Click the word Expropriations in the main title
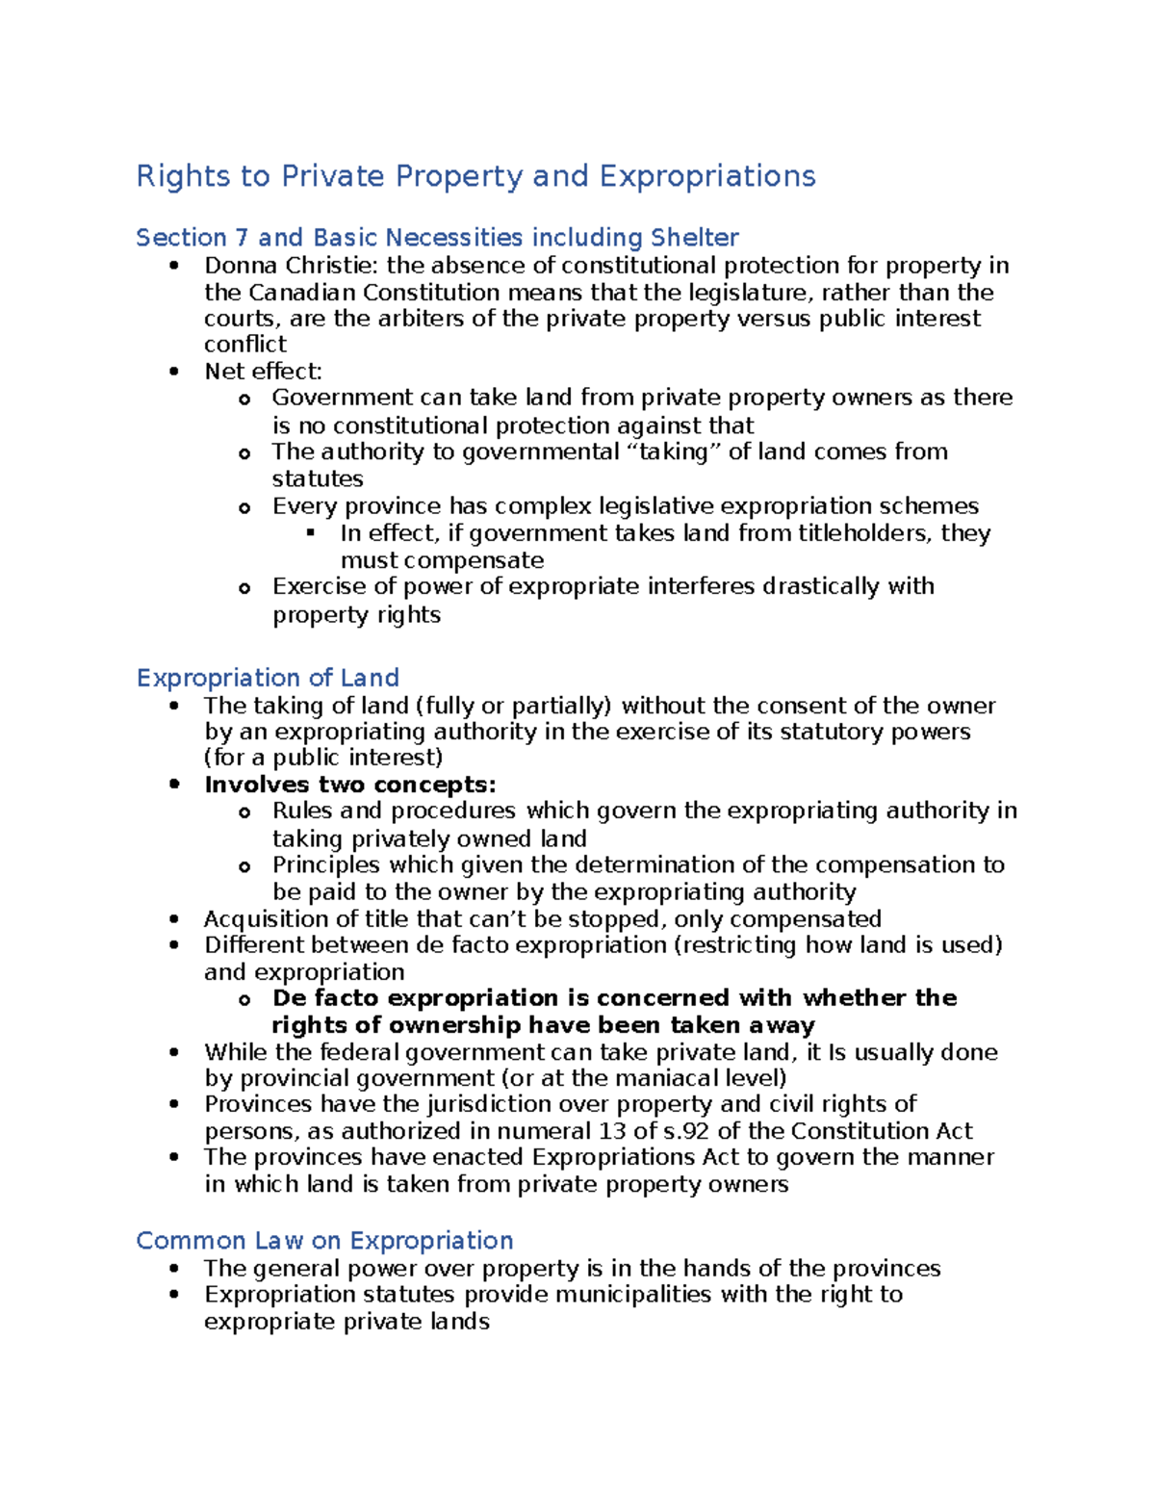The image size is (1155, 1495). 706,176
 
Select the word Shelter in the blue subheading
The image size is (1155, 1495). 694,237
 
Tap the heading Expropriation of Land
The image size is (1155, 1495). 268,678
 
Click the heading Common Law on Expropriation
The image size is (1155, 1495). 324,1240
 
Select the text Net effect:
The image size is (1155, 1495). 263,372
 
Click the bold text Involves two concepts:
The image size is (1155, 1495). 349,785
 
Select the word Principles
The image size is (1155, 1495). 326,864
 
